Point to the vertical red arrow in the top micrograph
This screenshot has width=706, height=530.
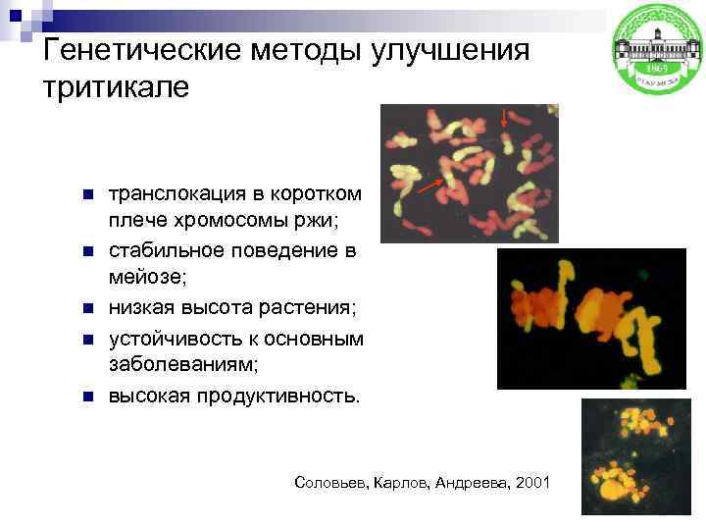point(505,120)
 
